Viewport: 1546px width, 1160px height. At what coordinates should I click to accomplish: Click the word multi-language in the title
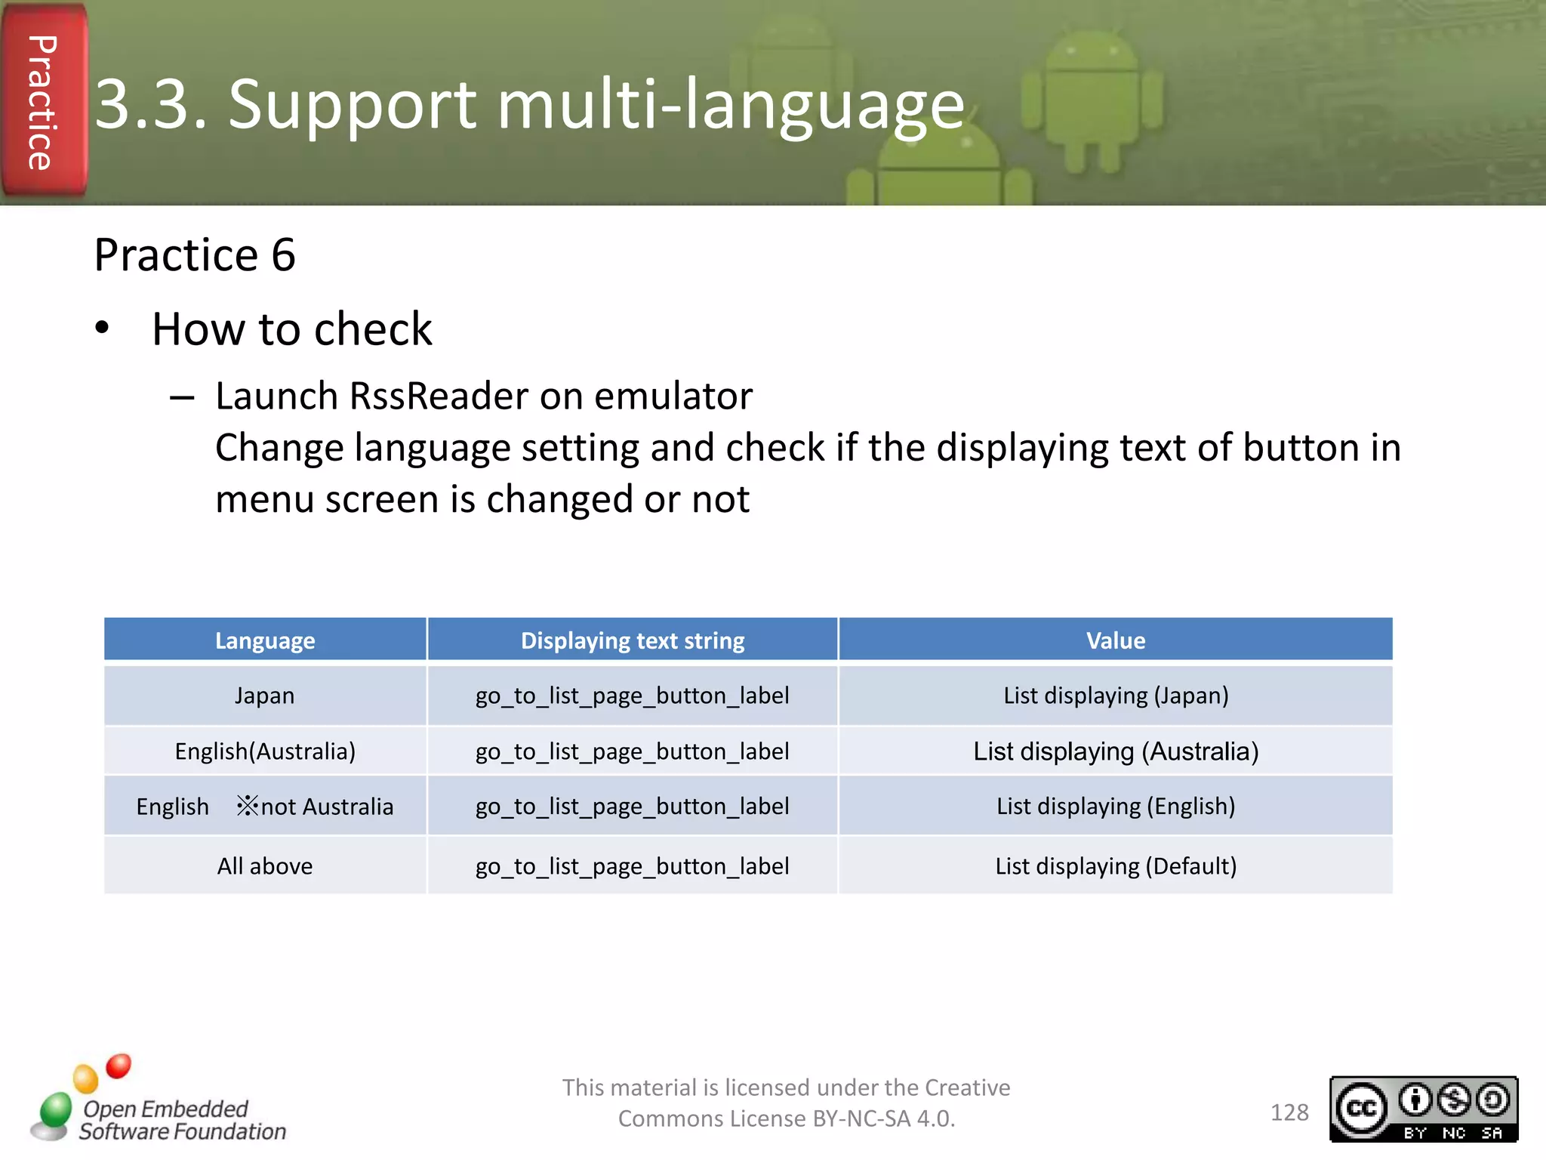point(731,106)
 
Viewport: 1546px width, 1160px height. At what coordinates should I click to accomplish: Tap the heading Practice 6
point(194,255)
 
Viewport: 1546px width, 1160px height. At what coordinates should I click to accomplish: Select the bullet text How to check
point(291,330)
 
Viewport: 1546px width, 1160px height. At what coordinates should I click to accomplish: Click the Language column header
point(265,640)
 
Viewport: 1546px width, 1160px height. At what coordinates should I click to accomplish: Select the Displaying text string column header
point(633,640)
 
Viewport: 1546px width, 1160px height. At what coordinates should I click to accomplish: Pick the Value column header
point(1115,640)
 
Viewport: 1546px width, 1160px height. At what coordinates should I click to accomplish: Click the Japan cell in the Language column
point(264,696)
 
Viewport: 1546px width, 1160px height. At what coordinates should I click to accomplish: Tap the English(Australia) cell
point(265,751)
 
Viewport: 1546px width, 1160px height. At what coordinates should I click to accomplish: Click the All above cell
point(265,866)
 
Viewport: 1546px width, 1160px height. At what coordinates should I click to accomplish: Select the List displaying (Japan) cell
point(1115,696)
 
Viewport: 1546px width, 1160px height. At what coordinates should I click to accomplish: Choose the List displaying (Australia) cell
point(1115,751)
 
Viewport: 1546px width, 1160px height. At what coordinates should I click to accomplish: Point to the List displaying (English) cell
point(1115,807)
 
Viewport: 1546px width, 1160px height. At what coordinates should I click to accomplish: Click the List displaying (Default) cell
point(1115,866)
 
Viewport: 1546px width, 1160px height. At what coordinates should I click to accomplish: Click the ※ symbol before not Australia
point(247,806)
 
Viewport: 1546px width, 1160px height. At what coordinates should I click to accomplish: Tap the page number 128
point(1289,1112)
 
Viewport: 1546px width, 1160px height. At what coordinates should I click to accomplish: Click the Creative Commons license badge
point(1423,1109)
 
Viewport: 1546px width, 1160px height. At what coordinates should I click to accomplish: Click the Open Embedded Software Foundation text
point(181,1120)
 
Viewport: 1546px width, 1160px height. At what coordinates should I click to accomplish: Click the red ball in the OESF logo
point(119,1066)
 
